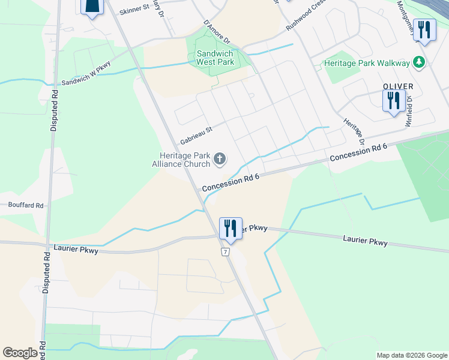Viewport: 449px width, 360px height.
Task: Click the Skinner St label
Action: pos(134,10)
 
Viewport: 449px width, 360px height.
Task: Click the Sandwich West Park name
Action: pos(215,58)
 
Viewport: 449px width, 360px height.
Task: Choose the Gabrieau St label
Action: pos(196,135)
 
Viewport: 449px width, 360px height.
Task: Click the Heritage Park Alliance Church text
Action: pos(181,160)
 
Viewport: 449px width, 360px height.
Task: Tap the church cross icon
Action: pos(220,159)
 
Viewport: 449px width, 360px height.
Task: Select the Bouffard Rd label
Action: pos(26,205)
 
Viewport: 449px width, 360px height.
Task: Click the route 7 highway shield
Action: pos(225,251)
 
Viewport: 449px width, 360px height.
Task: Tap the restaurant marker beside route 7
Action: pos(231,228)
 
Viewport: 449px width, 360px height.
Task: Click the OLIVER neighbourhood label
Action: pos(398,87)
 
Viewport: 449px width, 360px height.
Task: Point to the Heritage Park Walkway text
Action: pos(366,63)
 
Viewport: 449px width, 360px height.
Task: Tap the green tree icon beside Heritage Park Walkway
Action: pos(419,62)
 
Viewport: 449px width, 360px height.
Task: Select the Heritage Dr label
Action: pos(354,131)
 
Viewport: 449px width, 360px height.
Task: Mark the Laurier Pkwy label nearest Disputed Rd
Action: pos(74,247)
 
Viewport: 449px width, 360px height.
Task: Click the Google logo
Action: pos(20,353)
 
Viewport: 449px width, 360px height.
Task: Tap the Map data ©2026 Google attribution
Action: pos(411,355)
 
